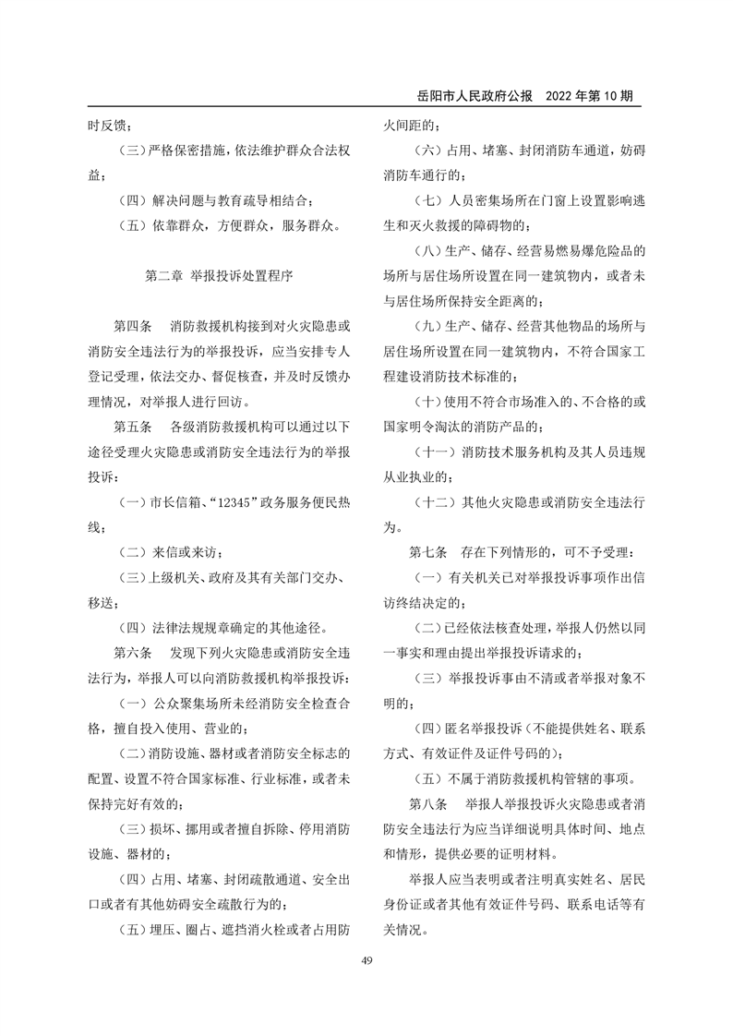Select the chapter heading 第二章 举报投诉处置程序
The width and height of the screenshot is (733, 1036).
pos(219,275)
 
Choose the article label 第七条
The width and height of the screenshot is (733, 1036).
pos(429,552)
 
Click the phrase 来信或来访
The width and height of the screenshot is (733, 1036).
pos(190,552)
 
